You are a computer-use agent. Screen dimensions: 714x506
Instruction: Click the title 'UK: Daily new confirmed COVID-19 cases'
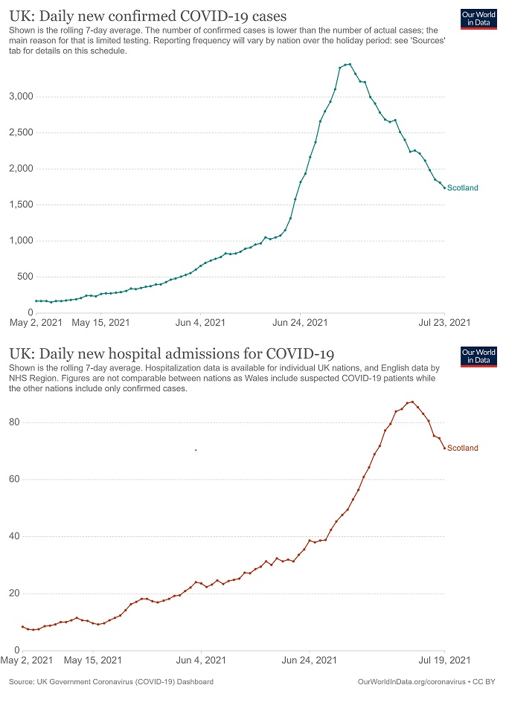pyautogui.click(x=148, y=15)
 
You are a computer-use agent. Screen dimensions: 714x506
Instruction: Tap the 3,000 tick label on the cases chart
pyautogui.click(x=20, y=97)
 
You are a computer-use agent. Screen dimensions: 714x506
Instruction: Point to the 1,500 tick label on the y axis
pyautogui.click(x=20, y=205)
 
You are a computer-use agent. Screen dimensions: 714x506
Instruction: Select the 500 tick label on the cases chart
pyautogui.click(x=25, y=277)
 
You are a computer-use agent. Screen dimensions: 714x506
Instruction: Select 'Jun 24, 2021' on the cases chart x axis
pyautogui.click(x=301, y=323)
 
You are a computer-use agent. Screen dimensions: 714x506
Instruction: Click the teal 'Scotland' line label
pyautogui.click(x=463, y=188)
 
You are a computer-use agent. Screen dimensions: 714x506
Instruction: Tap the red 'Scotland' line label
pyautogui.click(x=463, y=448)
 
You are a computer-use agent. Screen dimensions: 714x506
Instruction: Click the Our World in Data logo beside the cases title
pyautogui.click(x=478, y=21)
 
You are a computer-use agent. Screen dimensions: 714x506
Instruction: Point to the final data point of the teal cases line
pyautogui.click(x=445, y=188)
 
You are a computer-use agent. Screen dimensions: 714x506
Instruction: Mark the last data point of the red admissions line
pyautogui.click(x=445, y=448)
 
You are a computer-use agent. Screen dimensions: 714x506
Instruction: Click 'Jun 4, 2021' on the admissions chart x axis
pyautogui.click(x=199, y=660)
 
